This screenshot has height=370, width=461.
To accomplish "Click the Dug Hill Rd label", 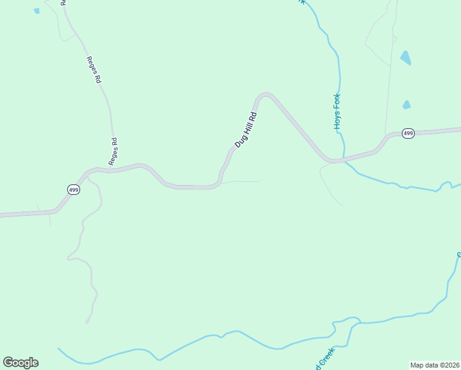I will pyautogui.click(x=245, y=130).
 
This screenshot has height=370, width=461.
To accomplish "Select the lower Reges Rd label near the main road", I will pyautogui.click(x=113, y=151).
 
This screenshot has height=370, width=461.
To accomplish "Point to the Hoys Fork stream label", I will pyautogui.click(x=338, y=111).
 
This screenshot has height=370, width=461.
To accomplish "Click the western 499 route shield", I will pyautogui.click(x=73, y=190).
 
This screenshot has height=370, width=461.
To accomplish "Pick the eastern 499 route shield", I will pyautogui.click(x=407, y=133).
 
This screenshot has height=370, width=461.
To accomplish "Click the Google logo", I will pyautogui.click(x=20, y=363).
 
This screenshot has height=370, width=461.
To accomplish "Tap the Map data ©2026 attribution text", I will pyautogui.click(x=435, y=365).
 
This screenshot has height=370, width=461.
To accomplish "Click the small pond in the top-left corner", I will pyautogui.click(x=37, y=11).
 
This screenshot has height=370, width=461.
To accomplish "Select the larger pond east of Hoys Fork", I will pyautogui.click(x=405, y=58).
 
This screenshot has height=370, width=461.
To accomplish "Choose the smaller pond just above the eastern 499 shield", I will pyautogui.click(x=406, y=105).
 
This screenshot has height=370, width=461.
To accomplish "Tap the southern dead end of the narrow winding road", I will pyautogui.click(x=86, y=322).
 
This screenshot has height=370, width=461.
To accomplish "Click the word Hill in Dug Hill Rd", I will pyautogui.click(x=246, y=129).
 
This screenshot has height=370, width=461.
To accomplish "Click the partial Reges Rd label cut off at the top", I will pyautogui.click(x=63, y=2).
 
